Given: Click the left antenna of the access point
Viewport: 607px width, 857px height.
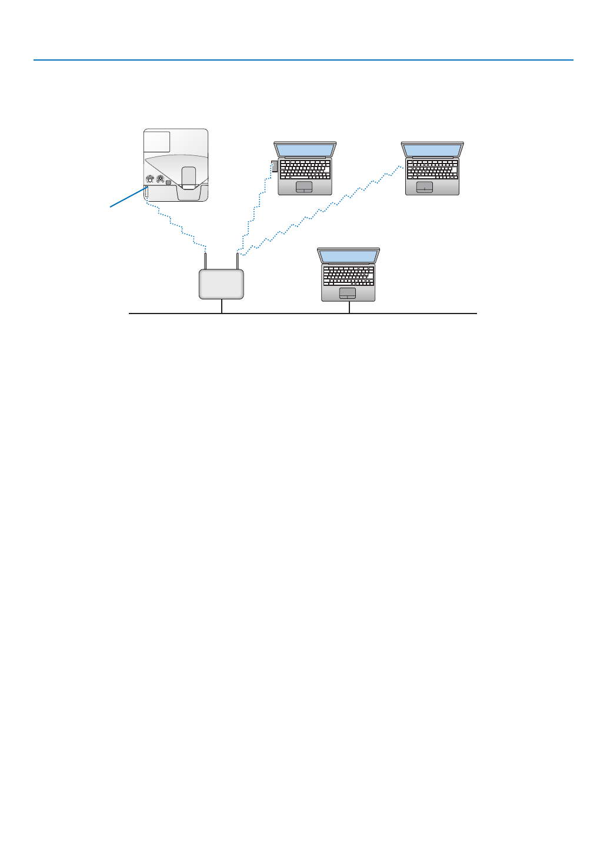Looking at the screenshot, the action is coord(205,261).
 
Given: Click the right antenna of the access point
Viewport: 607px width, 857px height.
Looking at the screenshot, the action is coord(237,261).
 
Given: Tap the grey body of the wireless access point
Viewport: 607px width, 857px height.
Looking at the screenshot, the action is coord(221,284).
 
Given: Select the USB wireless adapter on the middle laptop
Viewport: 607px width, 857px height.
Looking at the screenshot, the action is coord(274,166).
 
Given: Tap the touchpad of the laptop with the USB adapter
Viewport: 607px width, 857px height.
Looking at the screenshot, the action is coord(304,187).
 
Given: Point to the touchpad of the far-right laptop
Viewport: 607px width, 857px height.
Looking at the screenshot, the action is coord(425,187).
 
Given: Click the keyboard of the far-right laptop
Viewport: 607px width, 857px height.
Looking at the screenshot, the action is coord(432,169).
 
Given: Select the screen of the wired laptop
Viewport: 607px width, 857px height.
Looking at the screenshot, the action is coord(348,256).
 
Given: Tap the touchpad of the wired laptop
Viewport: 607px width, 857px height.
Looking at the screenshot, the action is coord(348,293).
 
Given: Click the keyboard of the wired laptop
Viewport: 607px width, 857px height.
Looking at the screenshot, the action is coord(348,275).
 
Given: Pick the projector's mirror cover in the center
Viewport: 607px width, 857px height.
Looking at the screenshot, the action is coord(188,178).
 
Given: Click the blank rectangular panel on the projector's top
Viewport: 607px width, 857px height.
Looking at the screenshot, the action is coord(157,142).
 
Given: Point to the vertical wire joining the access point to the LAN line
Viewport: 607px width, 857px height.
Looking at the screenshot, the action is coord(222,306).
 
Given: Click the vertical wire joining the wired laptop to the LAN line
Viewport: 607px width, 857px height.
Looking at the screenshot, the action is coord(349,308).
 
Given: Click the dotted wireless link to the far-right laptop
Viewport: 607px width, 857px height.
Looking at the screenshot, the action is coord(323,209).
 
